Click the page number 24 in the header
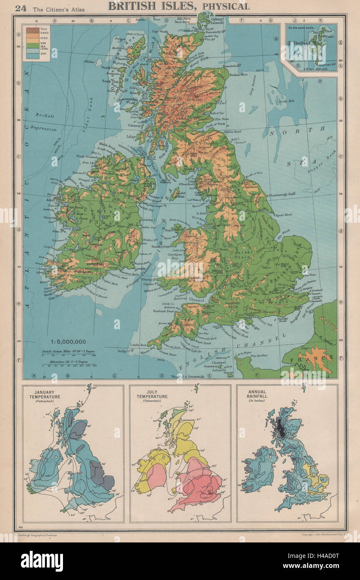pyautogui.click(x=21, y=7)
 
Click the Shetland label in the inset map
pyautogui.click(x=302, y=43)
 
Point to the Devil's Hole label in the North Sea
pyautogui.click(x=286, y=101)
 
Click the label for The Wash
pyautogui.click(x=291, y=232)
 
